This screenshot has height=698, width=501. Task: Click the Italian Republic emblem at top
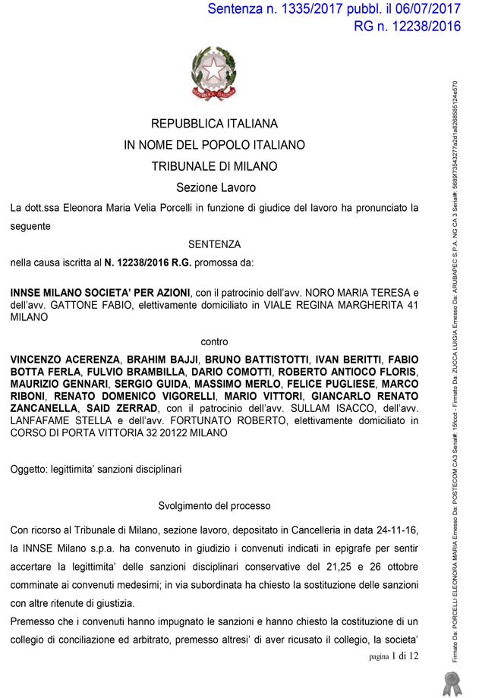(x=213, y=74)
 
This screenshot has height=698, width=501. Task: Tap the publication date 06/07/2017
(x=424, y=9)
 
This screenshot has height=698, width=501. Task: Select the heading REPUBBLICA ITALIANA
(x=214, y=124)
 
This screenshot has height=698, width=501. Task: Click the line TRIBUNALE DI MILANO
(x=214, y=166)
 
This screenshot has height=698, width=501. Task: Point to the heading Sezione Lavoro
(x=216, y=187)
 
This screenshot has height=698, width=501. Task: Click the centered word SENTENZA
(x=214, y=244)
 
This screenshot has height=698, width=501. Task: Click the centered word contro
(x=214, y=341)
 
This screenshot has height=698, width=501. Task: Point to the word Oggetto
(x=29, y=470)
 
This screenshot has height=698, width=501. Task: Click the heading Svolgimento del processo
(x=214, y=505)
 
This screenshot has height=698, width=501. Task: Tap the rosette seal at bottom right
(x=453, y=682)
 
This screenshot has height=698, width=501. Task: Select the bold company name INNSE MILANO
(x=48, y=293)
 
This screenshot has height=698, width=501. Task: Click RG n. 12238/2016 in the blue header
(x=407, y=27)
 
